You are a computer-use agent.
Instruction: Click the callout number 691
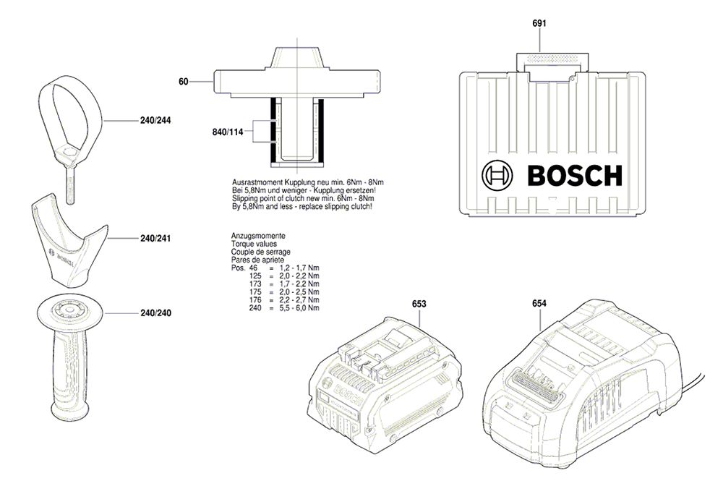pos(539,23)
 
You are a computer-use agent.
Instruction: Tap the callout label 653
pos(419,304)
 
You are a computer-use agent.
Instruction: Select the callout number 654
pos(539,303)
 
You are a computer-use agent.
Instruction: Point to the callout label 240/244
pos(155,120)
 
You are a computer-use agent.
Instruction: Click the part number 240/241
pos(155,239)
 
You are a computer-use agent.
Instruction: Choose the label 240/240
pos(155,313)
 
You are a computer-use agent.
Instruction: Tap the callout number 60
pos(184,82)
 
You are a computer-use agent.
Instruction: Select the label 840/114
pos(227,132)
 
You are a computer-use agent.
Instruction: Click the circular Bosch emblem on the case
pos(497,176)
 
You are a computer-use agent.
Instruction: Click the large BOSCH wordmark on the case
pos(575,176)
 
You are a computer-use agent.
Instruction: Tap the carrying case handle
pos(552,62)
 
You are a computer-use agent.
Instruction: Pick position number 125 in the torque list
pos(255,276)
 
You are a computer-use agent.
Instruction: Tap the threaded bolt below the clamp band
pos(71,185)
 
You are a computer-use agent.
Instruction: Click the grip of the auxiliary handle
pos(69,374)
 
